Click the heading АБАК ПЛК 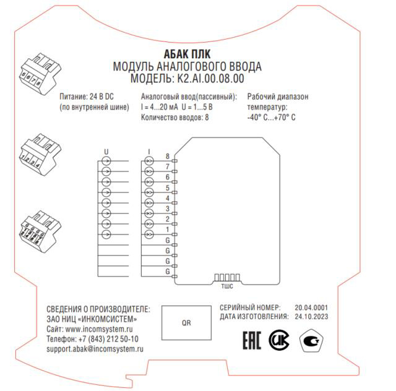click(x=187, y=54)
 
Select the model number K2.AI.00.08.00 click(x=210, y=79)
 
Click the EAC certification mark click(x=247, y=340)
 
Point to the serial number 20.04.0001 click(x=311, y=307)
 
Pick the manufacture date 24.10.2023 click(x=311, y=316)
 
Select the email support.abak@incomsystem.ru click(x=95, y=349)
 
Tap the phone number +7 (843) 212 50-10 click(x=108, y=339)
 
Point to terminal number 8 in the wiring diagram click(x=168, y=156)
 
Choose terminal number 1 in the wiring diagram click(x=168, y=230)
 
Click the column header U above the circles click(x=106, y=151)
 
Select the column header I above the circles click(x=149, y=151)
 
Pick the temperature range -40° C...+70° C click(x=272, y=117)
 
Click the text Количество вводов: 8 click(x=175, y=117)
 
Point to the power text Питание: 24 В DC click(x=87, y=97)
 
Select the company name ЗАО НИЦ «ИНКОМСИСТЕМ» click(x=92, y=319)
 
